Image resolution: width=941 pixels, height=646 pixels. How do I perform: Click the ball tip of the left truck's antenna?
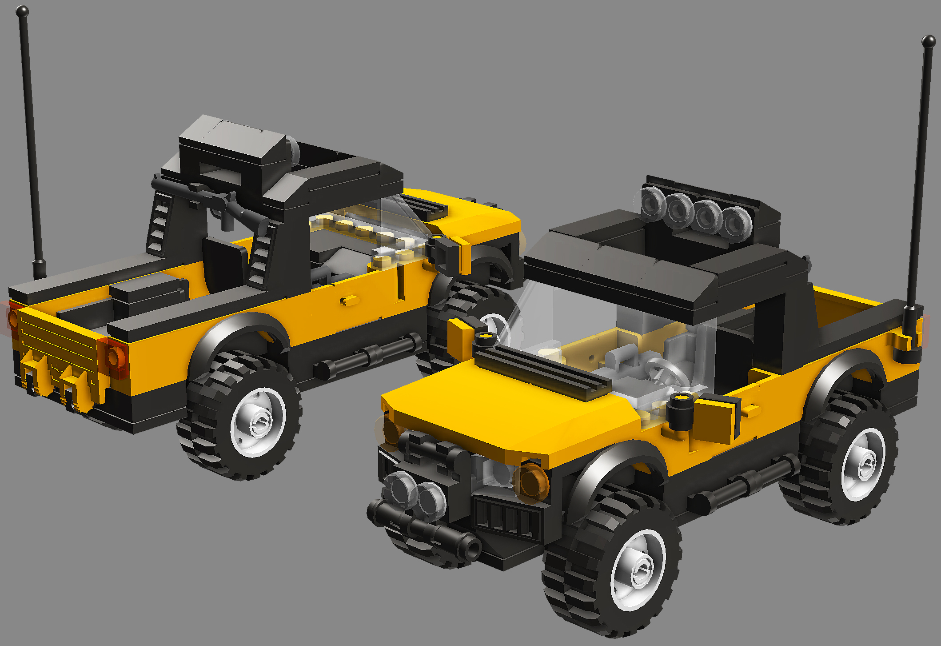click(x=22, y=11)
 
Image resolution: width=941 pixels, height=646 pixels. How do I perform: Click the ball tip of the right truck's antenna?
click(x=928, y=41)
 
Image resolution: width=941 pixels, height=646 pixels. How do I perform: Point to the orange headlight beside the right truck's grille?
click(x=531, y=481)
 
